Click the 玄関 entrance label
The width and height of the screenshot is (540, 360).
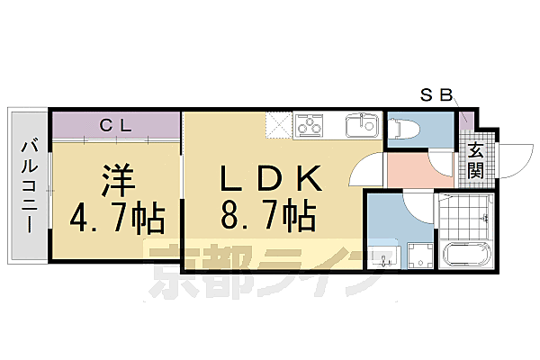pyautogui.click(x=475, y=160)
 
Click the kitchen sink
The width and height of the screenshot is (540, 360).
pyautogui.click(x=363, y=124)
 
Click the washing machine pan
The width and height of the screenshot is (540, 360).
pyautogui.click(x=418, y=256)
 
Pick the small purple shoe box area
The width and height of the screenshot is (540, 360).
pyautogui.click(x=465, y=122)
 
